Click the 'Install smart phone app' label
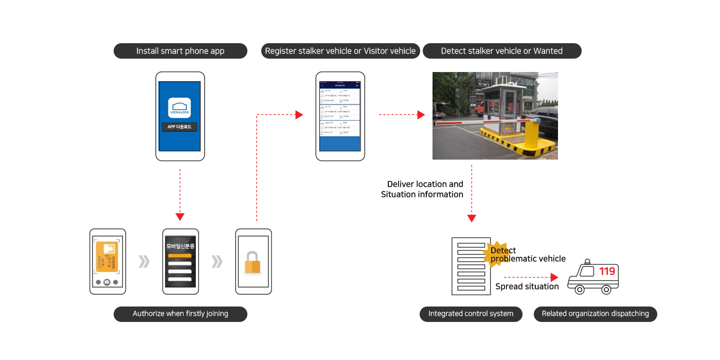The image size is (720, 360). (x=180, y=51)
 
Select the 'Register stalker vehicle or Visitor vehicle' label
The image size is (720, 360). (x=340, y=51)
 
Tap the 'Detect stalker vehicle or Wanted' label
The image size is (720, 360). (x=501, y=51)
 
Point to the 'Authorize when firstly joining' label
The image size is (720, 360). (x=180, y=314)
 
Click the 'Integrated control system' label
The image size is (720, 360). (x=471, y=314)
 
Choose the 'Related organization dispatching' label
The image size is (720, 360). (x=595, y=314)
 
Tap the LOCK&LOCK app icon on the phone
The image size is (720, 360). (x=179, y=107)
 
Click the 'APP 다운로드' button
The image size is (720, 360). (x=179, y=127)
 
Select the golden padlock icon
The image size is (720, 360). (x=252, y=263)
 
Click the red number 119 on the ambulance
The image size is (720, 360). (x=607, y=272)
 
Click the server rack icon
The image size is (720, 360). (x=471, y=266)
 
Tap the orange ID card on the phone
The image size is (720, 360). (x=106, y=258)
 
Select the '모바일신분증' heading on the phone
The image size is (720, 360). (x=180, y=246)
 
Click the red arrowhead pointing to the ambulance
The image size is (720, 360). (x=554, y=278)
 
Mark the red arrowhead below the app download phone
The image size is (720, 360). (x=180, y=217)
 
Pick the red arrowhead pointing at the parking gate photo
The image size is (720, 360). (x=421, y=115)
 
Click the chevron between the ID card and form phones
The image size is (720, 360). (x=144, y=262)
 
